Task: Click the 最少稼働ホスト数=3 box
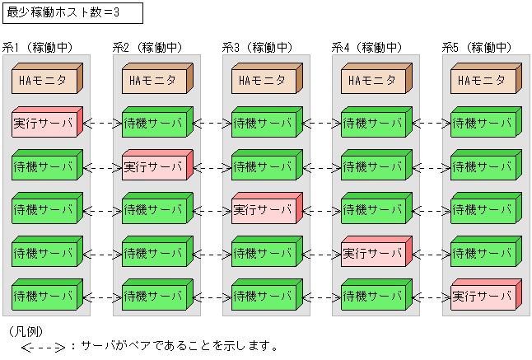[72, 12]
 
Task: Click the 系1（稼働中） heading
[38, 48]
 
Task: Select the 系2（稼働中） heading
[147, 48]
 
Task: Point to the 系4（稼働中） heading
[366, 48]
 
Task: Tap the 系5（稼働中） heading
[477, 48]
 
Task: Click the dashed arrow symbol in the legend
[44, 347]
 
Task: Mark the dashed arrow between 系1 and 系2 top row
[102, 124]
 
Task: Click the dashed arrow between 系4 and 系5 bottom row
[432, 296]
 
